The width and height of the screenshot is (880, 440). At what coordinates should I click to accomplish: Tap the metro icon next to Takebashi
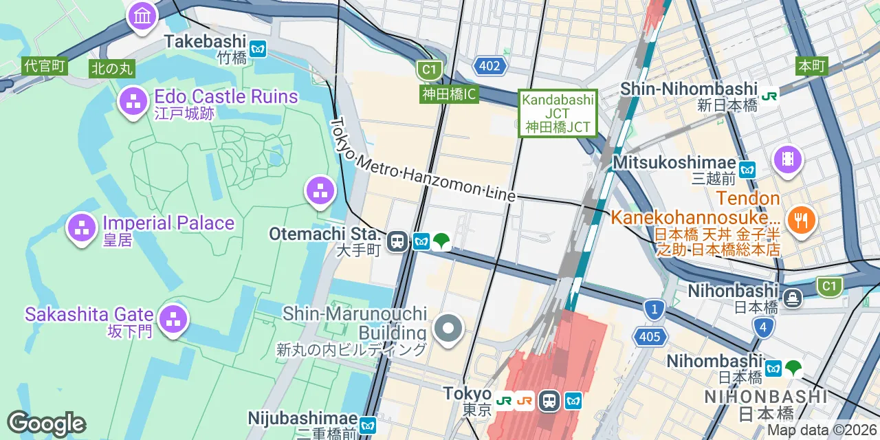(258, 49)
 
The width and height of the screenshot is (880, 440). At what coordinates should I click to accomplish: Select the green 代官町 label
(45, 66)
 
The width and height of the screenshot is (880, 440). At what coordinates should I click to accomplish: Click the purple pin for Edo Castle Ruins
(133, 101)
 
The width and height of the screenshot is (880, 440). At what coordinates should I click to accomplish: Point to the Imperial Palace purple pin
(81, 228)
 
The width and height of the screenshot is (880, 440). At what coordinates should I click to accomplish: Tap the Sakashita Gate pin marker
(173, 319)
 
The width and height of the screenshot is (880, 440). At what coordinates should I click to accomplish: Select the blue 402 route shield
(489, 66)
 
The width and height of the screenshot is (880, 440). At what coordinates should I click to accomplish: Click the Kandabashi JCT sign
(558, 113)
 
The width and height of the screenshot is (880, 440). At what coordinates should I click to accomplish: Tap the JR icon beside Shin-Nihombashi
(769, 96)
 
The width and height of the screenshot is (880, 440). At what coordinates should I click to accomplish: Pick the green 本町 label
(811, 66)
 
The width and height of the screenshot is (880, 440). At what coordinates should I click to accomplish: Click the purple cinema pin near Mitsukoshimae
(787, 160)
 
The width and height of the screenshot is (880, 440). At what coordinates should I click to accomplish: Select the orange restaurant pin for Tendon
(800, 220)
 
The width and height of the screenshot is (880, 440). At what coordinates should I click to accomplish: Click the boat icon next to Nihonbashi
(793, 298)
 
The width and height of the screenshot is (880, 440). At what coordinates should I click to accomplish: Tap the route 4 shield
(763, 327)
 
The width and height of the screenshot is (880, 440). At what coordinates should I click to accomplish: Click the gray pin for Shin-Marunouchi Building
(448, 328)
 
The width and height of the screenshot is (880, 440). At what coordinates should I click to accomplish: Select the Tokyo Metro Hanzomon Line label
(423, 159)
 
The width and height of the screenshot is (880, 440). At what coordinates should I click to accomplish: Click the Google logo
(46, 423)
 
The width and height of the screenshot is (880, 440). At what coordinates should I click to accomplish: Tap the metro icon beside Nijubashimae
(368, 426)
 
